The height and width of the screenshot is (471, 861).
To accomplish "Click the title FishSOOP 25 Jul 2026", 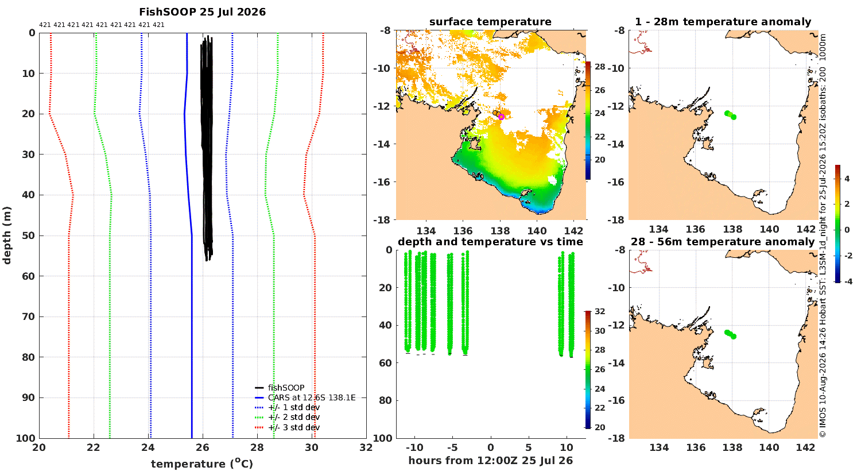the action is pos(202,12).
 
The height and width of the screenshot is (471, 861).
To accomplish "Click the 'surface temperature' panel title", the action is pos(490,22).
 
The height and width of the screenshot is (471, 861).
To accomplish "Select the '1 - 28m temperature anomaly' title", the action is pos(723,22).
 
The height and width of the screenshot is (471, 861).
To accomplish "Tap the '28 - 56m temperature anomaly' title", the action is pos(723,242).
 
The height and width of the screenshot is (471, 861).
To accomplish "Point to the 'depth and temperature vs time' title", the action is pos(490,242).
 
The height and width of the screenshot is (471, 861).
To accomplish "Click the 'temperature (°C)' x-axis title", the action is pos(202,464).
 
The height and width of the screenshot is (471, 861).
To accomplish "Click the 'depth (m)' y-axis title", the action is pos(7,235).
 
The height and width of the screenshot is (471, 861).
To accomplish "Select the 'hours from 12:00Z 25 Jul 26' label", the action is pos(490,461).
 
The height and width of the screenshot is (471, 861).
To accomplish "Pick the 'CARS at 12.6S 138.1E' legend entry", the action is pos(305,397).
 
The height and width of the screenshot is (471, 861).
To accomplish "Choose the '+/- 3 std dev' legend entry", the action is pos(288,427).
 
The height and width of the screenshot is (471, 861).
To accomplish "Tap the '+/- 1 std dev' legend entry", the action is pos(288,407).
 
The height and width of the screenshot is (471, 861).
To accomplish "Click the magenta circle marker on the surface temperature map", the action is pos(501,117).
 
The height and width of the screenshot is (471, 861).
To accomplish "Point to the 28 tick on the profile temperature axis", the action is pos(257,447).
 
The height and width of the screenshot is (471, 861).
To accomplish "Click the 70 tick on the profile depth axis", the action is pos(29,317).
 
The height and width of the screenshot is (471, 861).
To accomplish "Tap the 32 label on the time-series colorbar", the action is pos(600,311).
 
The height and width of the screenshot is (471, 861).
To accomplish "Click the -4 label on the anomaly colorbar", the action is pos(848,281).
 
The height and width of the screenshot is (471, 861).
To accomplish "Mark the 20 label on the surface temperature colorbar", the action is pos(600,160).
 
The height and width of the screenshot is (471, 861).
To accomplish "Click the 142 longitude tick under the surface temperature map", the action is pos(573,231).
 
